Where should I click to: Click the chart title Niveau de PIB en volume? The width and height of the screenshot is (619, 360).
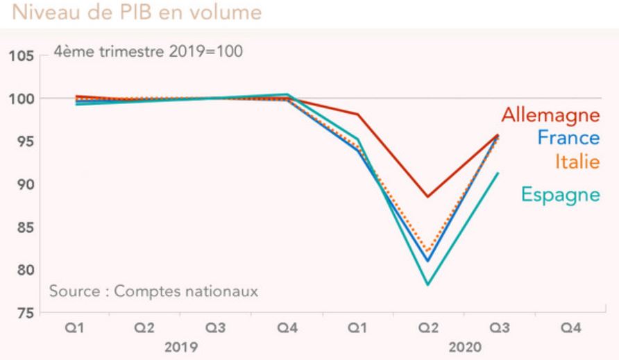(132, 12)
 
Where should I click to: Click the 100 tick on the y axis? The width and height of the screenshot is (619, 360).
(22, 98)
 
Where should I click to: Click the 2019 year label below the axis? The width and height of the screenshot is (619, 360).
(182, 345)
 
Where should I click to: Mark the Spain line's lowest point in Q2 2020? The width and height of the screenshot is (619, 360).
(428, 284)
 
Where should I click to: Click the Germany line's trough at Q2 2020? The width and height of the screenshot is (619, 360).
(428, 196)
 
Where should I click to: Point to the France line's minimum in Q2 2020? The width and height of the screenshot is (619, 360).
(428, 261)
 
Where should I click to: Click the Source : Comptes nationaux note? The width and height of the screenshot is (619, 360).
(153, 290)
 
